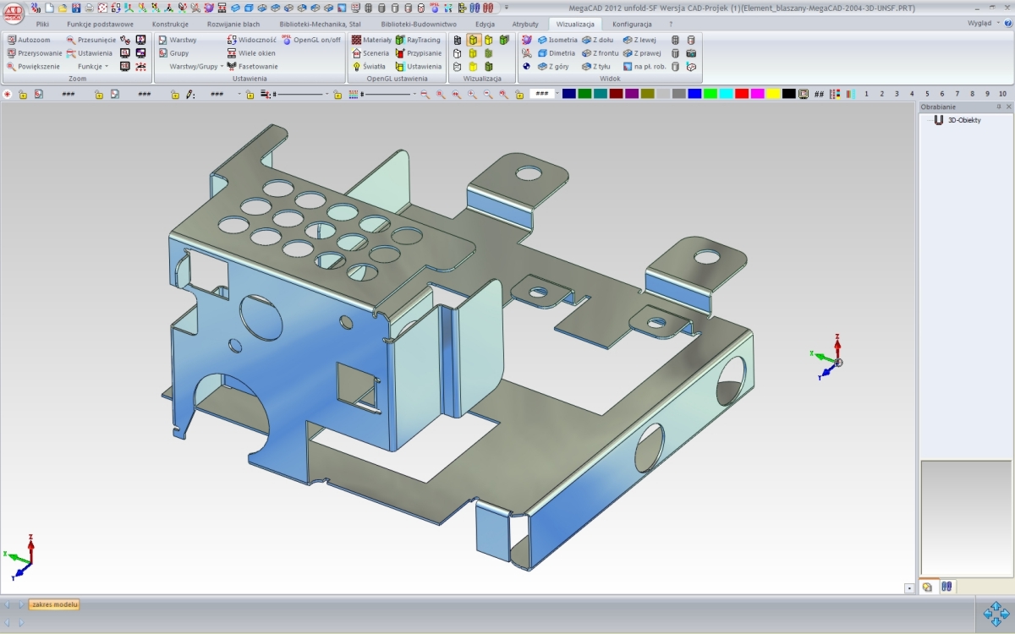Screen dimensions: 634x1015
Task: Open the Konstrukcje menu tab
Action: point(170,25)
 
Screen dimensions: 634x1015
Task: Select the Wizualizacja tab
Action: point(575,25)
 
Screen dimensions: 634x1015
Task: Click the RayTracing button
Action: point(418,40)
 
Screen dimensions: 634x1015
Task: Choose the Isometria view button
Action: point(558,40)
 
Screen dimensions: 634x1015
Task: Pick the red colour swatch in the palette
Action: point(742,94)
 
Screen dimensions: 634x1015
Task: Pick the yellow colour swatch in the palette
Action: point(773,94)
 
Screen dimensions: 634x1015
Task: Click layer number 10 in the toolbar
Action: point(1002,94)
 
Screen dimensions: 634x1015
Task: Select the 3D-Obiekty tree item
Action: point(963,120)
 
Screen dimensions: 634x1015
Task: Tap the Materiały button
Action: point(371,40)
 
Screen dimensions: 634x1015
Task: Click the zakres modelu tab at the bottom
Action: point(55,604)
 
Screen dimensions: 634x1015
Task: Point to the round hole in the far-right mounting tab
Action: point(707,256)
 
